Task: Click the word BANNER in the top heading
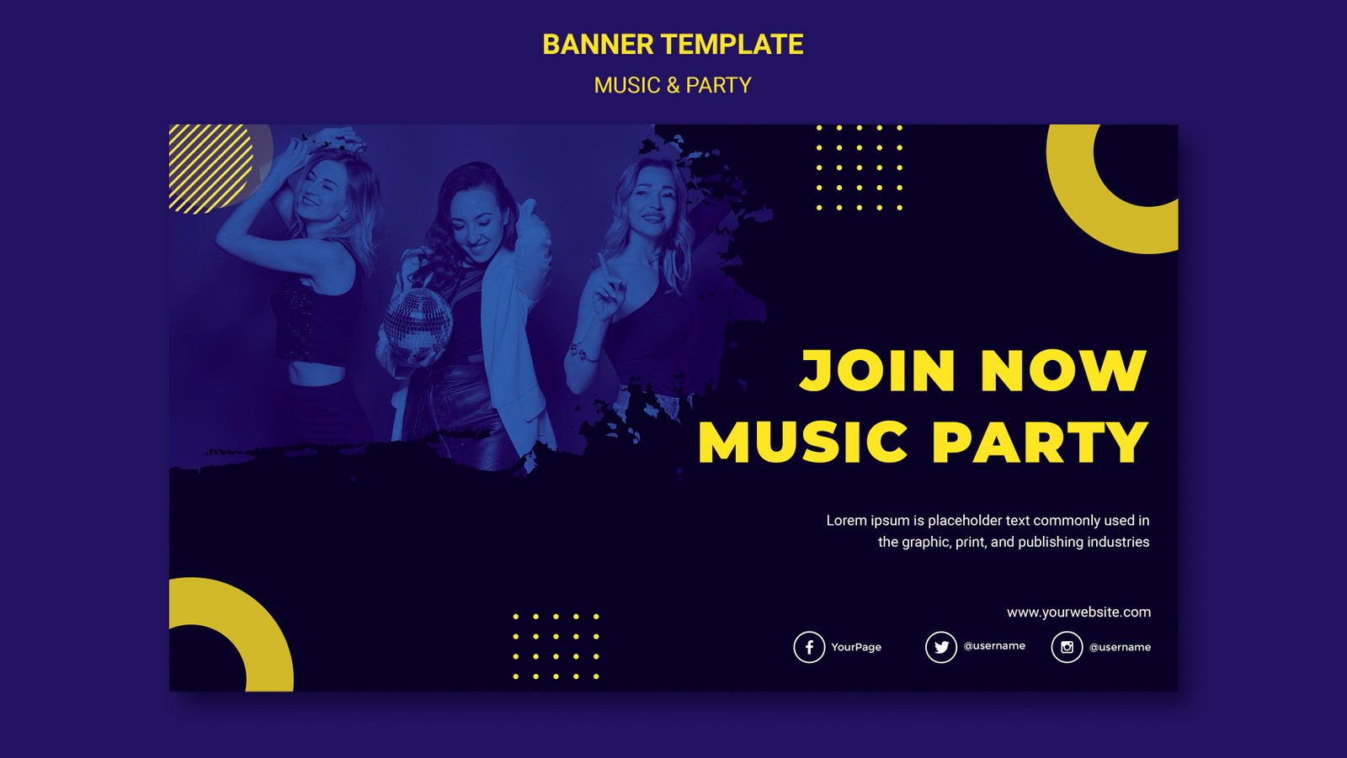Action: click(598, 45)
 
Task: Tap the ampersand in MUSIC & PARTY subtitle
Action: click(673, 86)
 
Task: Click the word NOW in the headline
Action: click(1063, 371)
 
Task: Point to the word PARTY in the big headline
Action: click(1041, 443)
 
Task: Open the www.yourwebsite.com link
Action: click(1078, 612)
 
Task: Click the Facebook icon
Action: click(809, 647)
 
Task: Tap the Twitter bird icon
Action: click(941, 647)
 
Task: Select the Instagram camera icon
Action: click(1067, 647)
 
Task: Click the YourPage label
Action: click(856, 647)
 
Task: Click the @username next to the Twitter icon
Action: click(994, 646)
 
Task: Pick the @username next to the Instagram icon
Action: click(1120, 647)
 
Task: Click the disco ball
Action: click(418, 321)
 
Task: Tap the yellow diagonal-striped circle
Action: click(210, 168)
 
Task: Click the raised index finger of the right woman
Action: click(603, 268)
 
